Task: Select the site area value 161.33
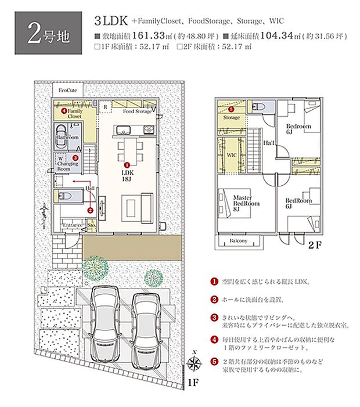pos(149,35)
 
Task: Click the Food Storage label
pos(137,111)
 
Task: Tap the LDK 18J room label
pos(127,176)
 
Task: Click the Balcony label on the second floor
pos(238,241)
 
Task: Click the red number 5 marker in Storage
pos(231,109)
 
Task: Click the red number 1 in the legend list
pos(214,282)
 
